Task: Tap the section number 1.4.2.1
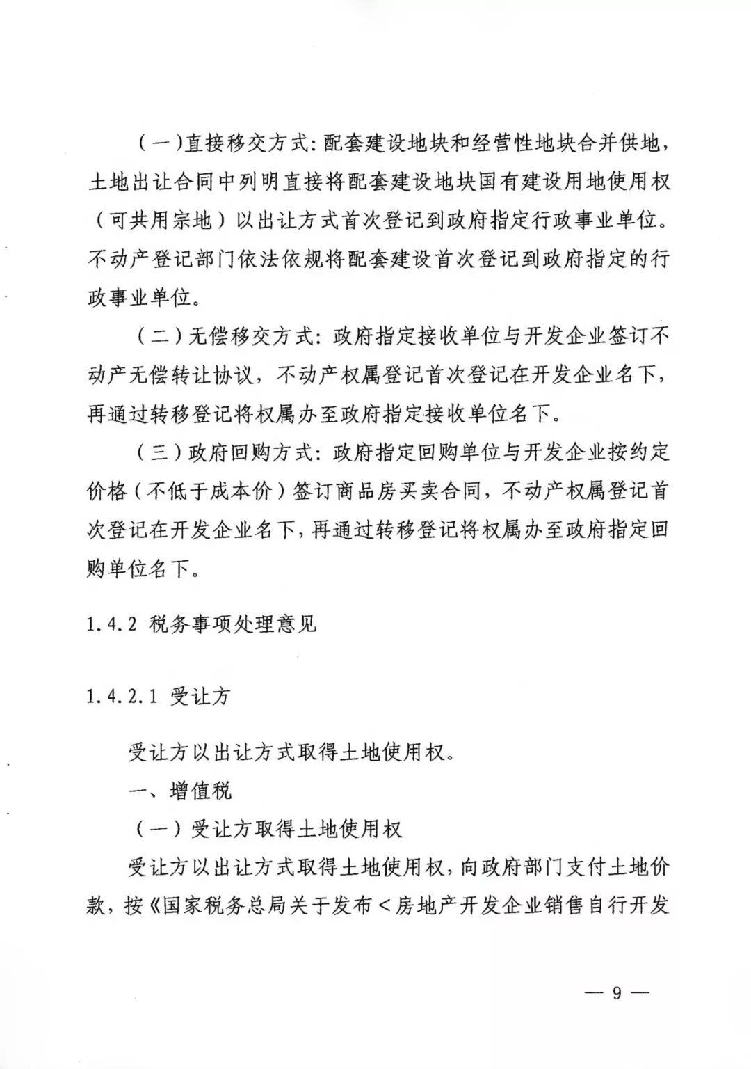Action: (120, 697)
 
